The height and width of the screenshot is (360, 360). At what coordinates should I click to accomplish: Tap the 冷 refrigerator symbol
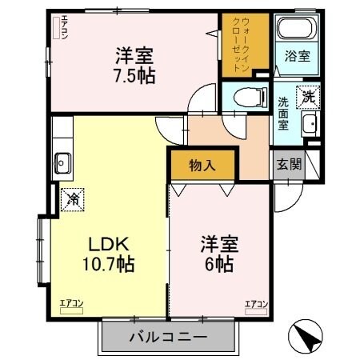tap(72, 195)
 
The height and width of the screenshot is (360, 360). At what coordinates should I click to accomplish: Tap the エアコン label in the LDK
tap(71, 302)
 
